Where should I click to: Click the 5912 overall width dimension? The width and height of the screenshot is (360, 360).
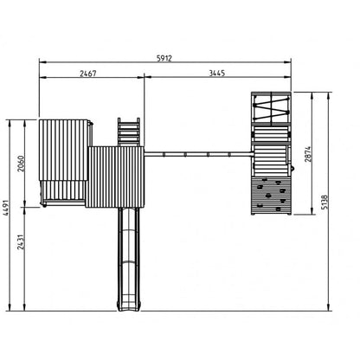(164, 58)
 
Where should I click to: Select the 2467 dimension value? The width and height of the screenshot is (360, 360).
(88, 74)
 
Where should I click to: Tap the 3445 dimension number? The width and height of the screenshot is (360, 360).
(216, 73)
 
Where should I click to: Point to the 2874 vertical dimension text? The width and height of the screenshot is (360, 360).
(308, 154)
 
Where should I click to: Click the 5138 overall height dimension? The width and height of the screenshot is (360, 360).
(325, 202)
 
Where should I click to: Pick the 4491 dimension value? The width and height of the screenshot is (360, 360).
(6, 208)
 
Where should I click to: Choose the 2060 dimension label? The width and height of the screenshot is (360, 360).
(21, 164)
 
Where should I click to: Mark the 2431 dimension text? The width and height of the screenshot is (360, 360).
(20, 242)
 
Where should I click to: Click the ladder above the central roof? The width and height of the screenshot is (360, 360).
(129, 132)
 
